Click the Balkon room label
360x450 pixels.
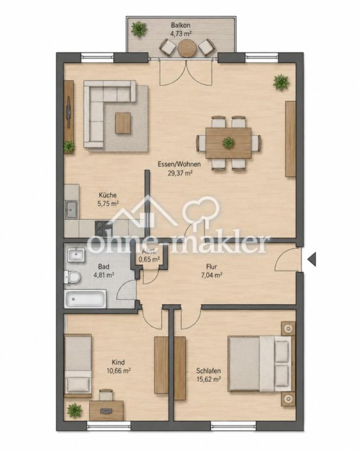181,25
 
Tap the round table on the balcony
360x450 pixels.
187,48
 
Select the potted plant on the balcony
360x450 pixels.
139,29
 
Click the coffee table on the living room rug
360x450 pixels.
123,123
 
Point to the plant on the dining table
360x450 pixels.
228,143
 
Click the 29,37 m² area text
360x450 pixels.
180,173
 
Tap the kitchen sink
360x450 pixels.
71,209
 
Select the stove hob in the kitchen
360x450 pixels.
103,228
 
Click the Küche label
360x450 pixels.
108,195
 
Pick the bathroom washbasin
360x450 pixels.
76,255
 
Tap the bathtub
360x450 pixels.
85,299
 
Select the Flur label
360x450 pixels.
211,267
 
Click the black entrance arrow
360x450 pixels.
312,259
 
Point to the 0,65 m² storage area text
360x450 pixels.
149,260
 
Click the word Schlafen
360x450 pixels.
209,370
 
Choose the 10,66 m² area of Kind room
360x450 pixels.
119,370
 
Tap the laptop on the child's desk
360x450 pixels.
106,411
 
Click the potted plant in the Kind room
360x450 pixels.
74,410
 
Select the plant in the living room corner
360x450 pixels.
281,82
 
